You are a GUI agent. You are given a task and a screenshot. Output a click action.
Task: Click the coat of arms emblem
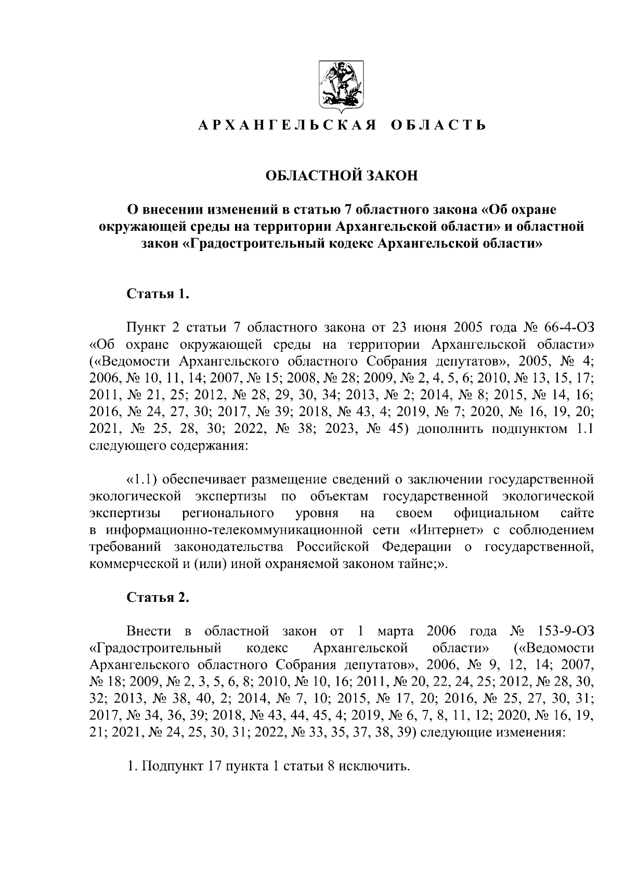click(341, 86)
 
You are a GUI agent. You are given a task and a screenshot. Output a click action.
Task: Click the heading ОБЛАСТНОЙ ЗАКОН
click(342, 176)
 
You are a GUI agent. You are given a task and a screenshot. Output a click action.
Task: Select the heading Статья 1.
click(157, 294)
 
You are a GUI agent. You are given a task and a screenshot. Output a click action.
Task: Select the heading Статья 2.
click(158, 597)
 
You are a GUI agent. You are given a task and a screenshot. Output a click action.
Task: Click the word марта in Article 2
click(395, 631)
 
